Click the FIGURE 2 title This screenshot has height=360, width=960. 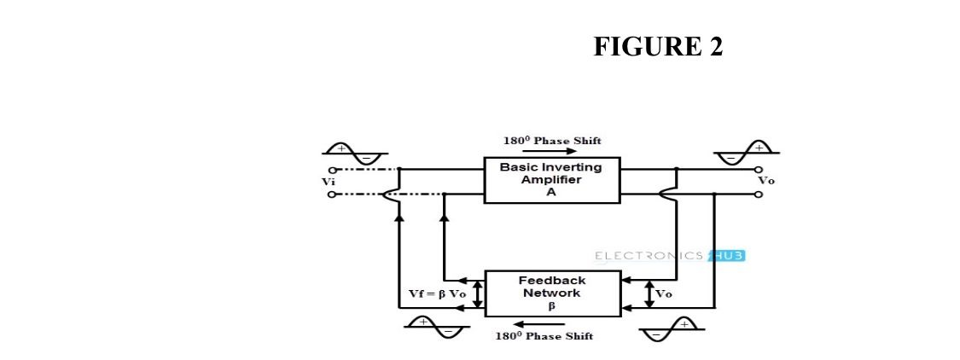[658, 47]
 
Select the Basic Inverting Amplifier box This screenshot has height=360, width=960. [551, 180]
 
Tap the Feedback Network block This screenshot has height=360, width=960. [551, 293]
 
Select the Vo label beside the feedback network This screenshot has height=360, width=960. [663, 293]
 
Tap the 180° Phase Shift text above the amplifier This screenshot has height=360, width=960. [551, 141]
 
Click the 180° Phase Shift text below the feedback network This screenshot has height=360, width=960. [544, 335]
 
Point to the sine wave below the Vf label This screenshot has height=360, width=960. [434, 326]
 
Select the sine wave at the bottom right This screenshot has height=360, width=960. [672, 327]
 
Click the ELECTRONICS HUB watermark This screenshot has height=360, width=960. [663, 255]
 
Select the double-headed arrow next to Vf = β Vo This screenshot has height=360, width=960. [477, 293]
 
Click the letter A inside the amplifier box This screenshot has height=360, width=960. [551, 192]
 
